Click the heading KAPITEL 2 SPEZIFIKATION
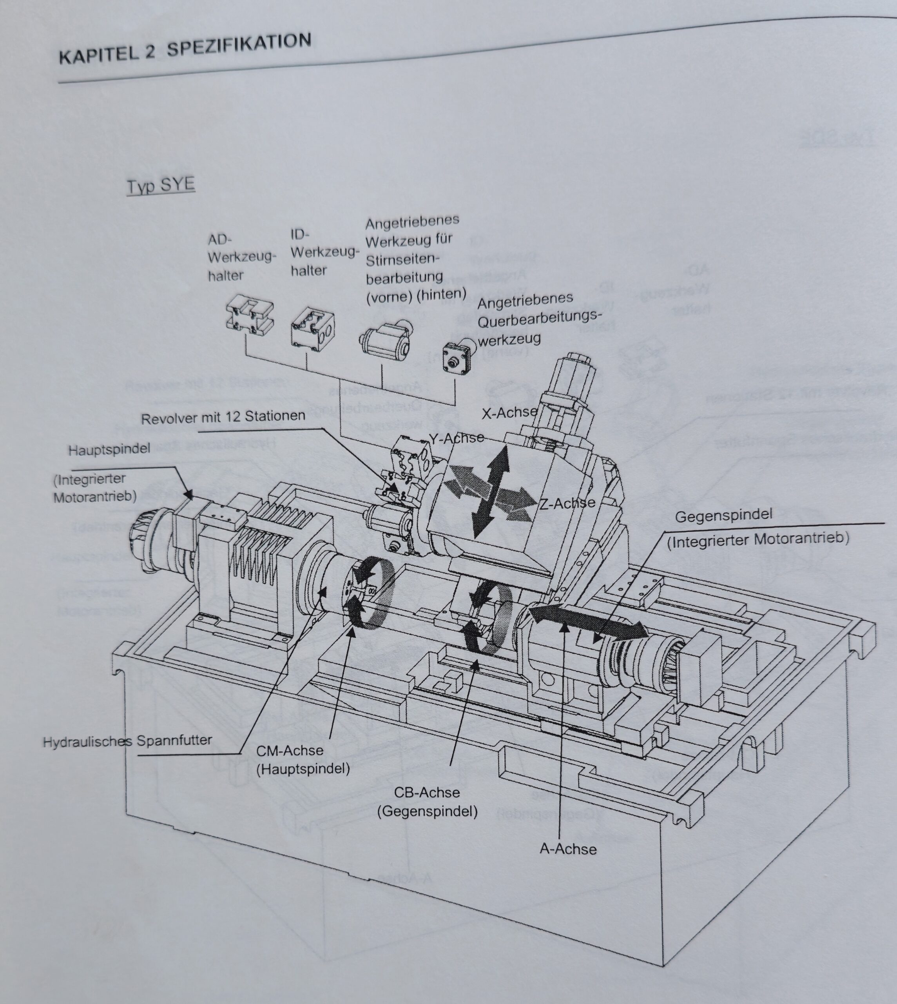(x=185, y=48)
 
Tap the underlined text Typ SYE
(x=161, y=186)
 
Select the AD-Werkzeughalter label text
(x=241, y=257)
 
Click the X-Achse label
(x=509, y=412)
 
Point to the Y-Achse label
(x=456, y=437)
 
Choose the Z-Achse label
(x=567, y=503)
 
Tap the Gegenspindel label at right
(x=723, y=516)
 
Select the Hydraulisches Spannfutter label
(x=127, y=742)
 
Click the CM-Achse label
(x=290, y=751)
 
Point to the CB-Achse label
(x=427, y=793)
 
